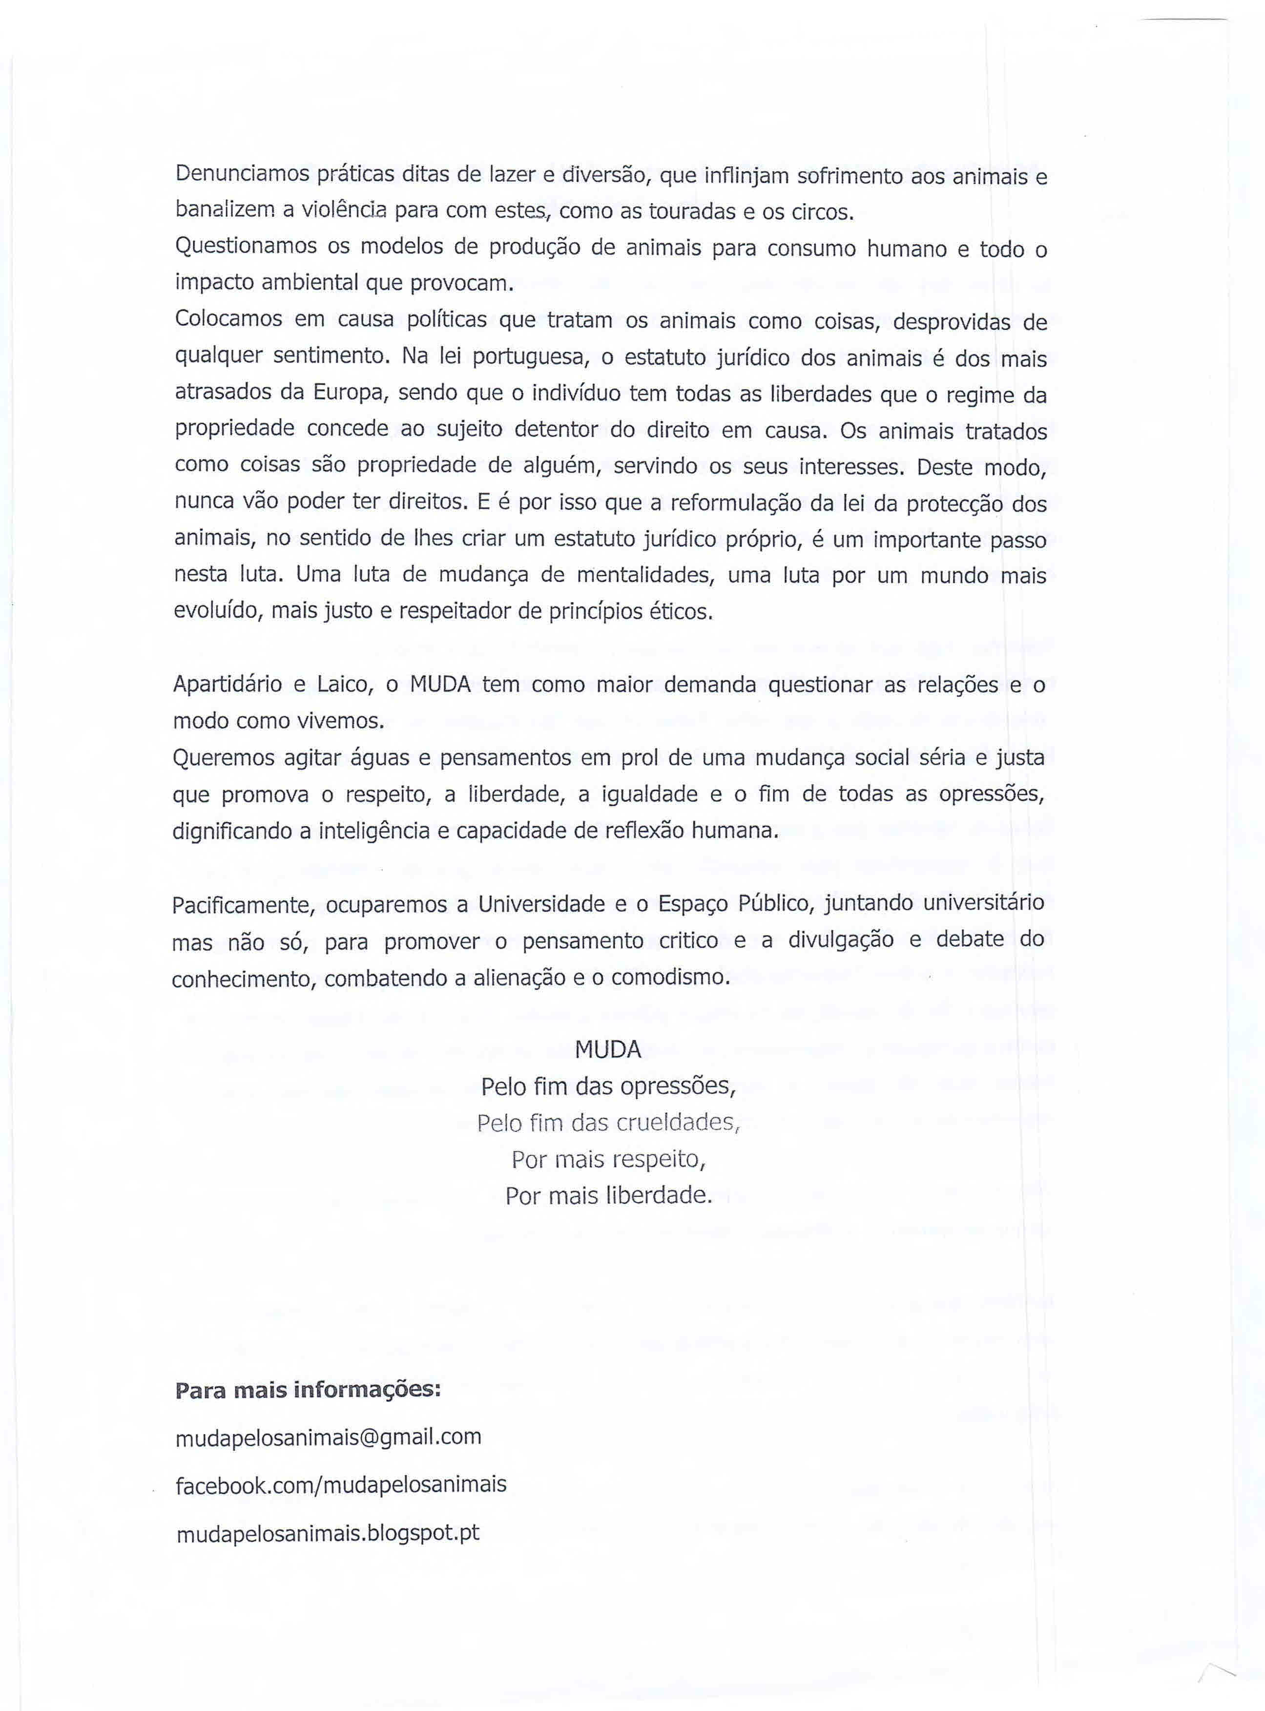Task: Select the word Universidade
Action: tap(541, 904)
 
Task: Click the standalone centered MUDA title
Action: tap(607, 1049)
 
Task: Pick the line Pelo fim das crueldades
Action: tap(608, 1123)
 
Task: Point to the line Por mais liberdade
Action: tap(608, 1195)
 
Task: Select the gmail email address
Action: tap(329, 1437)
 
